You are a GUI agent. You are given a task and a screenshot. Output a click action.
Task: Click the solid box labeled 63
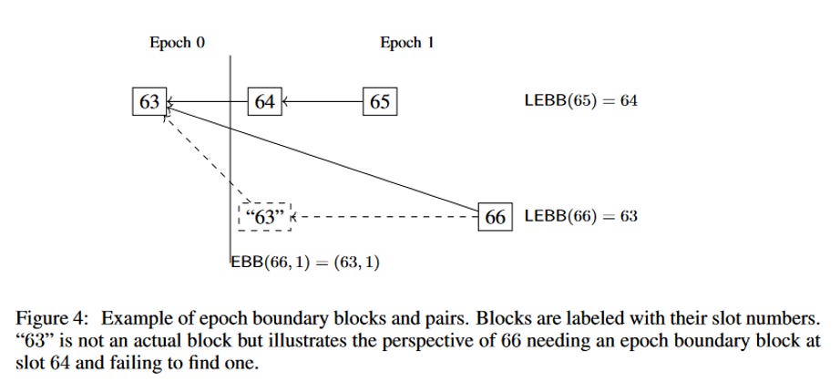[x=149, y=101]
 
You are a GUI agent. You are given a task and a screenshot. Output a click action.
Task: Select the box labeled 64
[x=264, y=101]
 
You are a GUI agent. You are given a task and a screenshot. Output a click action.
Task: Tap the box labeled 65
[x=380, y=101]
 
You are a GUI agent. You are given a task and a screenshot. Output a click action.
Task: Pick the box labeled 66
[x=495, y=217]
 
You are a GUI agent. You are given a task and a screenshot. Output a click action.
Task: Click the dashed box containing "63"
[x=264, y=217]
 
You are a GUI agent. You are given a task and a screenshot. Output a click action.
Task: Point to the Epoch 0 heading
[x=178, y=43]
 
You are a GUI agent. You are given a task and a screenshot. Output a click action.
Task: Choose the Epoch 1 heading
[x=407, y=43]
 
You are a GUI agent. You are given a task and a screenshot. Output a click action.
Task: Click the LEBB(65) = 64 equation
[x=581, y=101]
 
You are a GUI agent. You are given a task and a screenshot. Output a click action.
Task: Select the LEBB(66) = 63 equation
[x=581, y=216]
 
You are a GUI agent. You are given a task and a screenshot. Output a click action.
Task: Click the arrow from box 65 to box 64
[x=323, y=101]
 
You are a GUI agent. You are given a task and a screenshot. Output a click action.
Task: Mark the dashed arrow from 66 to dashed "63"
[x=384, y=217]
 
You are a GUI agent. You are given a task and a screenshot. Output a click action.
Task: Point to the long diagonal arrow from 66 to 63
[x=323, y=160]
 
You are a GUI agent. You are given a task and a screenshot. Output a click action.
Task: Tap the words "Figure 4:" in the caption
[x=51, y=319]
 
